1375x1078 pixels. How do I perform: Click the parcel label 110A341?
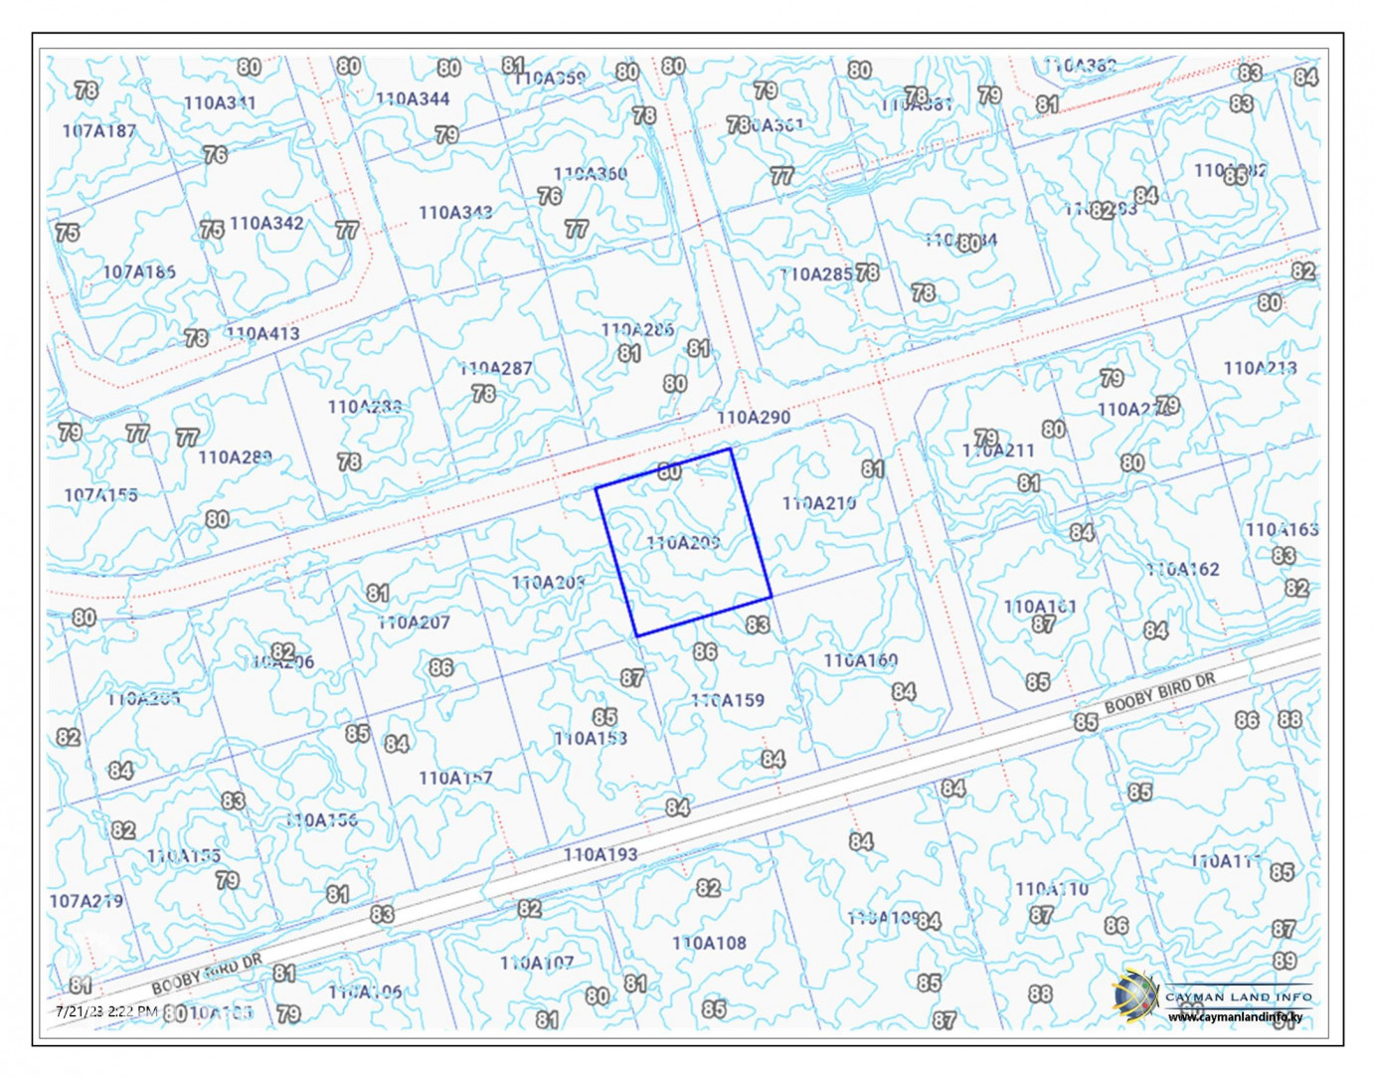tap(220, 102)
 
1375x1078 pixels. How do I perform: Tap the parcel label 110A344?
tap(413, 98)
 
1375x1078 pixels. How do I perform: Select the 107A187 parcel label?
tap(99, 130)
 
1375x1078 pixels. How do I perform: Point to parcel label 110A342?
tap(266, 223)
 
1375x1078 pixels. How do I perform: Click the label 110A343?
tap(455, 212)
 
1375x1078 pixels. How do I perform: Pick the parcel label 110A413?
tap(263, 333)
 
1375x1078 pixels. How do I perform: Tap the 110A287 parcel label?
tap(496, 368)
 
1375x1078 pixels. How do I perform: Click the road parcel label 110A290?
tap(754, 418)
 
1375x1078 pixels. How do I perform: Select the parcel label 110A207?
tap(414, 623)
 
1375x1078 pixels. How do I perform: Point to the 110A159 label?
tap(729, 700)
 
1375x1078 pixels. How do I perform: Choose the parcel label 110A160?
tap(861, 660)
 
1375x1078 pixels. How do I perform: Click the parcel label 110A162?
tap(1182, 570)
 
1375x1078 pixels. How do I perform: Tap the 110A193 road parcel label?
tap(601, 854)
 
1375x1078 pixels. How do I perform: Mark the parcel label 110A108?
tap(709, 943)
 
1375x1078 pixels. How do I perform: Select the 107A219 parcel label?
tap(86, 901)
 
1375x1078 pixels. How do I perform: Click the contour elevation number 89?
tap(1285, 961)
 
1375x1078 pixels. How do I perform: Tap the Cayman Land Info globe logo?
tap(1135, 995)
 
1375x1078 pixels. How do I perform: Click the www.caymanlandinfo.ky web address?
tap(1236, 1017)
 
